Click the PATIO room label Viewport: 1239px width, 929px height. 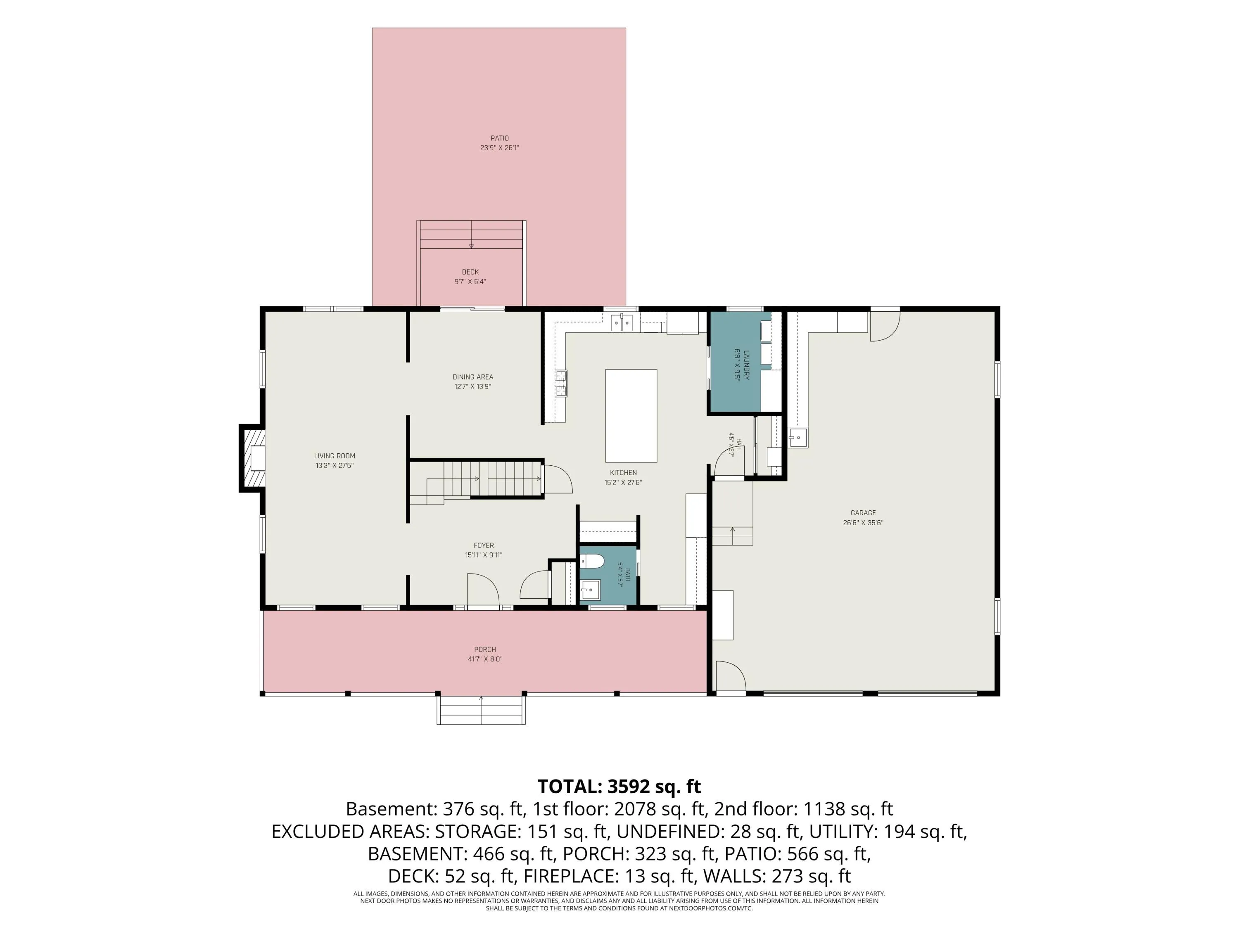tap(500, 138)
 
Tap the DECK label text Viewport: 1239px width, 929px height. tap(470, 272)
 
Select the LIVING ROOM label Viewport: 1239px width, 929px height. tap(335, 456)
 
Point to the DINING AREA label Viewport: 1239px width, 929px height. tap(473, 377)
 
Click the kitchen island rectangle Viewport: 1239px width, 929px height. tap(631, 415)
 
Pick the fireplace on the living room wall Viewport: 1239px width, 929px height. tap(252, 458)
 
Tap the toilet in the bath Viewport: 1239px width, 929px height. tap(591, 561)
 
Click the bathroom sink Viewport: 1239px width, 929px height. tap(590, 590)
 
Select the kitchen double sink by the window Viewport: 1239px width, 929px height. tap(622, 322)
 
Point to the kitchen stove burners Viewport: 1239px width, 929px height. tap(561, 384)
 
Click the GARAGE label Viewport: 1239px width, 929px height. tap(863, 513)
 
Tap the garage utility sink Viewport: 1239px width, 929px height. tap(798, 437)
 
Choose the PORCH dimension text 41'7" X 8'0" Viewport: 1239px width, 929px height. tap(485, 659)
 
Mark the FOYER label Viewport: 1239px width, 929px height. tap(484, 545)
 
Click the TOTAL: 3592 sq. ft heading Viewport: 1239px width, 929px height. tap(619, 786)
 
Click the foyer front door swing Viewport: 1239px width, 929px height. tap(483, 590)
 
